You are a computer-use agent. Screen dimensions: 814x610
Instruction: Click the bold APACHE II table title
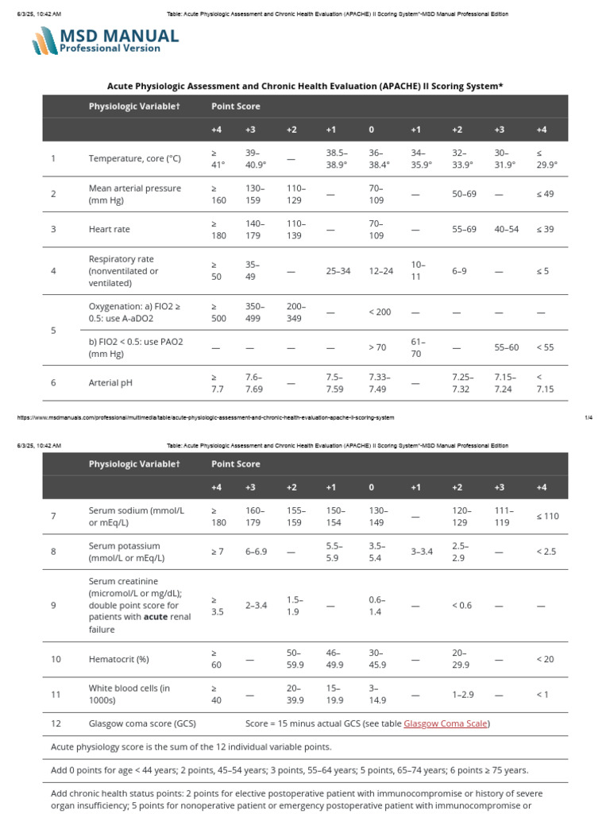pos(305,86)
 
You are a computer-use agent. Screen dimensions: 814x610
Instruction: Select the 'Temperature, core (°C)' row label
pos(135,158)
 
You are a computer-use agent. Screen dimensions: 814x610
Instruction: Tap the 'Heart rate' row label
pos(110,229)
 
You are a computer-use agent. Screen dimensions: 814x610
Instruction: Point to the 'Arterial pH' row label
pos(110,382)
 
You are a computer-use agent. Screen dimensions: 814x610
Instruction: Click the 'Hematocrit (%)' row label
pos(120,659)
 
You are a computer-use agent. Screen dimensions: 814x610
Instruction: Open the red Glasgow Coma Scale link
pos(446,723)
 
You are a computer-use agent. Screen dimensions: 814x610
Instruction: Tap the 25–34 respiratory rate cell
pos(338,271)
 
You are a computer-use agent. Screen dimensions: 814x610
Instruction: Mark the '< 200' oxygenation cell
pos(380,312)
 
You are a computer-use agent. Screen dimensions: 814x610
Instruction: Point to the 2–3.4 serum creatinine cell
pos(257,605)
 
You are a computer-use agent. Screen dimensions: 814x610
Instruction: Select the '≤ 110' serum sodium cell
pos(547,516)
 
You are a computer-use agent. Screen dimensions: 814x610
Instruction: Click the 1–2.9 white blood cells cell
pos(463,694)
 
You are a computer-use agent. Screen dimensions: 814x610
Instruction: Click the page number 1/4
pos(589,417)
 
